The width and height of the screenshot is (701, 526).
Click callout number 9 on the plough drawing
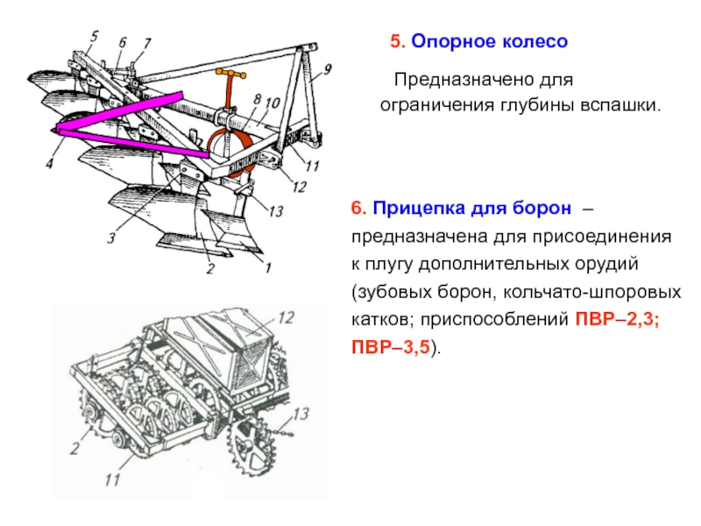tap(328, 68)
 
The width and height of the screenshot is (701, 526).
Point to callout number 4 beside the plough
tap(50, 163)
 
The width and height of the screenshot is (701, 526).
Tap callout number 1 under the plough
tap(267, 267)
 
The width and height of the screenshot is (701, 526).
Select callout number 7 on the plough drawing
tap(146, 42)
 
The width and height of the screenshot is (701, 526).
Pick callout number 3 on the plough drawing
tap(111, 238)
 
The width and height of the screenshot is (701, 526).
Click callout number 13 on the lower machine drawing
tap(301, 413)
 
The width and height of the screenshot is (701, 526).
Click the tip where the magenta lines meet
tap(55, 130)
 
